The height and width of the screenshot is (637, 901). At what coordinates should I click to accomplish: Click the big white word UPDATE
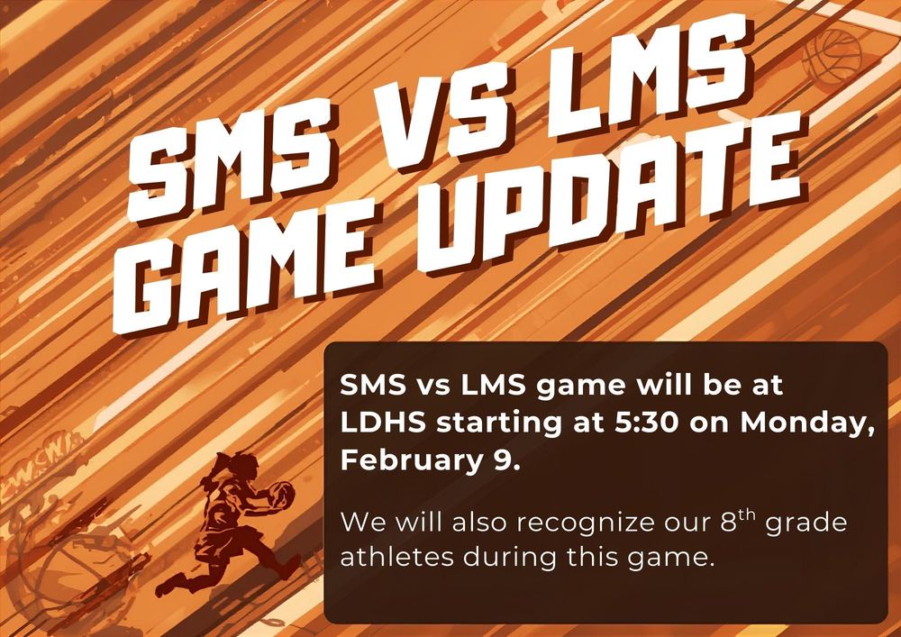(595, 203)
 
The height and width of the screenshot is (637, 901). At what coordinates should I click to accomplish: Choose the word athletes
(397, 557)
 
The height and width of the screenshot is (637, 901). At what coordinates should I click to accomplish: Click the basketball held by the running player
(280, 493)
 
